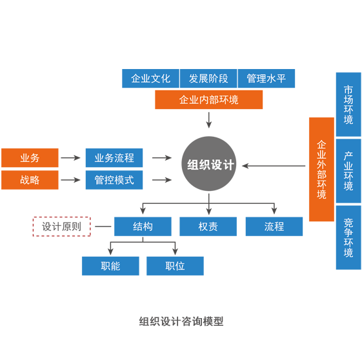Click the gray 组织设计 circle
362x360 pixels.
click(209, 164)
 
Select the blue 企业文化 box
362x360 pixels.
click(150, 79)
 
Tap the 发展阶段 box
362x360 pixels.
click(208, 79)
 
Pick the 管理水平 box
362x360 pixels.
click(266, 79)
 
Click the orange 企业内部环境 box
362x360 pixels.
click(208, 100)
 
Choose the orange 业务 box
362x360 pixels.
click(30, 158)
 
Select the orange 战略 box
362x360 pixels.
click(30, 180)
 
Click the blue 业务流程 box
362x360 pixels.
click(114, 158)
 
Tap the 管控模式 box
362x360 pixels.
click(114, 180)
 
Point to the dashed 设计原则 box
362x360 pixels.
click(62, 226)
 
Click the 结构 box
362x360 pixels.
click(143, 226)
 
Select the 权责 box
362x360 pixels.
click(208, 226)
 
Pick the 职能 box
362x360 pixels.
click(110, 266)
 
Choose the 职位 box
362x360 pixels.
click(175, 266)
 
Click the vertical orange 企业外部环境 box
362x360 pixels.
click(321, 170)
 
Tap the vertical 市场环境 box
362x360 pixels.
click(348, 105)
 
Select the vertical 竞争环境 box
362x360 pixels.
click(348, 237)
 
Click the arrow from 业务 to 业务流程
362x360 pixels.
click(70, 158)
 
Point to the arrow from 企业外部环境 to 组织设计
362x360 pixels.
click(274, 166)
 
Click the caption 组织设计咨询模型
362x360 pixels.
click(181, 321)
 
